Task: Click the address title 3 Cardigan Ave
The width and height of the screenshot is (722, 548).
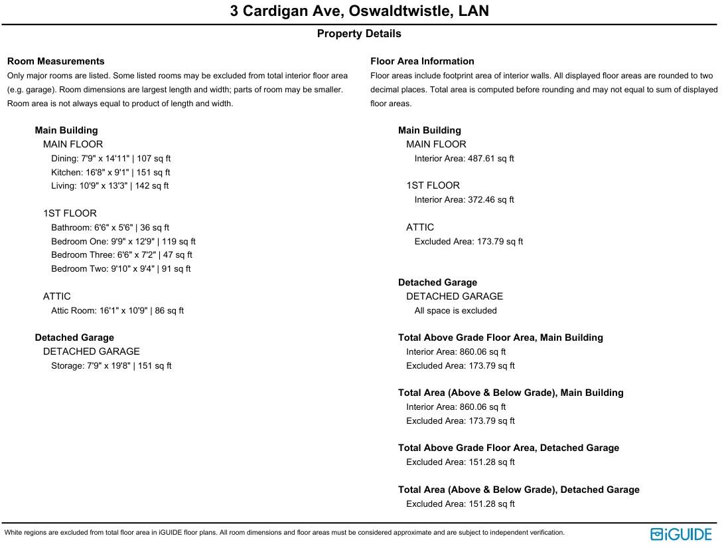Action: point(359,11)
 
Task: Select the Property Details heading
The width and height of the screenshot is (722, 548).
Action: point(359,34)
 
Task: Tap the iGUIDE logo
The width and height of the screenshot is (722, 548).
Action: point(681,534)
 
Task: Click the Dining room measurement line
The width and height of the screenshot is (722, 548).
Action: point(111,159)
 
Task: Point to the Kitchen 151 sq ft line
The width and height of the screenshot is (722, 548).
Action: point(111,173)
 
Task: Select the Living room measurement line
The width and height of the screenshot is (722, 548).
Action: point(109,186)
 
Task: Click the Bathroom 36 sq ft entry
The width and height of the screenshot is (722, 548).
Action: point(110,228)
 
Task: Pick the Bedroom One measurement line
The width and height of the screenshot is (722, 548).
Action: point(123,242)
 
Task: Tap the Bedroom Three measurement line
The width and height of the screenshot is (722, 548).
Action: point(121,255)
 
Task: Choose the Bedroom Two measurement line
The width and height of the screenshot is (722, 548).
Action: point(121,269)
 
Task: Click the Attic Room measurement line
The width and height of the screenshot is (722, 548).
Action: point(117,311)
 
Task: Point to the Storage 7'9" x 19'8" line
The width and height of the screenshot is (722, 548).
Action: point(111,366)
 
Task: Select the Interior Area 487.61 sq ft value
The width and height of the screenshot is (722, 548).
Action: point(464,159)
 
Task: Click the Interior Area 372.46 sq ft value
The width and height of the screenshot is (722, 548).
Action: point(464,200)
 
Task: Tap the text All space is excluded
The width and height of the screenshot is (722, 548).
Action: point(455,311)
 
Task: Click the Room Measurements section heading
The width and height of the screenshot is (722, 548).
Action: point(56,61)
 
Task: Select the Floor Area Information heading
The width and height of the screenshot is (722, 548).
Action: point(422,61)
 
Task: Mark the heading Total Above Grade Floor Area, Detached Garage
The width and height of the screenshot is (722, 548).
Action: point(508,448)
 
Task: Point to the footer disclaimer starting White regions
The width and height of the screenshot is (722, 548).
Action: point(284,533)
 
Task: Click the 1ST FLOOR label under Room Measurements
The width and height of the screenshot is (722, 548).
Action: point(70,214)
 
